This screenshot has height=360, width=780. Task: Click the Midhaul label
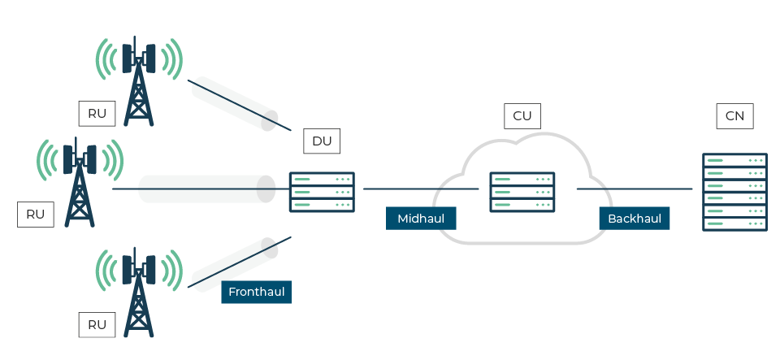click(x=421, y=218)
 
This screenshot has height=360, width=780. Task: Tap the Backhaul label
click(x=635, y=218)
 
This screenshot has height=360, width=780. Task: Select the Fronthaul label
click(x=256, y=292)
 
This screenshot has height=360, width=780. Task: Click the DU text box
click(x=322, y=141)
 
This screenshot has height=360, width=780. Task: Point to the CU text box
click(x=522, y=116)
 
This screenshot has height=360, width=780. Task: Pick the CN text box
click(x=734, y=116)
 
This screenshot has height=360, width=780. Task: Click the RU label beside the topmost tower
click(x=97, y=114)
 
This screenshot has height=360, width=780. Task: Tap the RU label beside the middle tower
click(x=35, y=215)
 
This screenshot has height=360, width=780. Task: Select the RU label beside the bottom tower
click(x=97, y=325)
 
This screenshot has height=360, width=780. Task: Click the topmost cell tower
click(x=139, y=81)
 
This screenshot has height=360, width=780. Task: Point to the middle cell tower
click(x=79, y=183)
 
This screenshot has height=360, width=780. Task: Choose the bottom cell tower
click(x=139, y=293)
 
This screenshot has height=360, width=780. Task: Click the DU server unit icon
click(x=322, y=192)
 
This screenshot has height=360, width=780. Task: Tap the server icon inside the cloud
click(x=522, y=192)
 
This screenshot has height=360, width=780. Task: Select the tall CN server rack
click(x=734, y=192)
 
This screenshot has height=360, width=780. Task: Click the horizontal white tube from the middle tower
click(x=207, y=189)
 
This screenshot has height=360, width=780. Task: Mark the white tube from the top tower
click(x=234, y=104)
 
